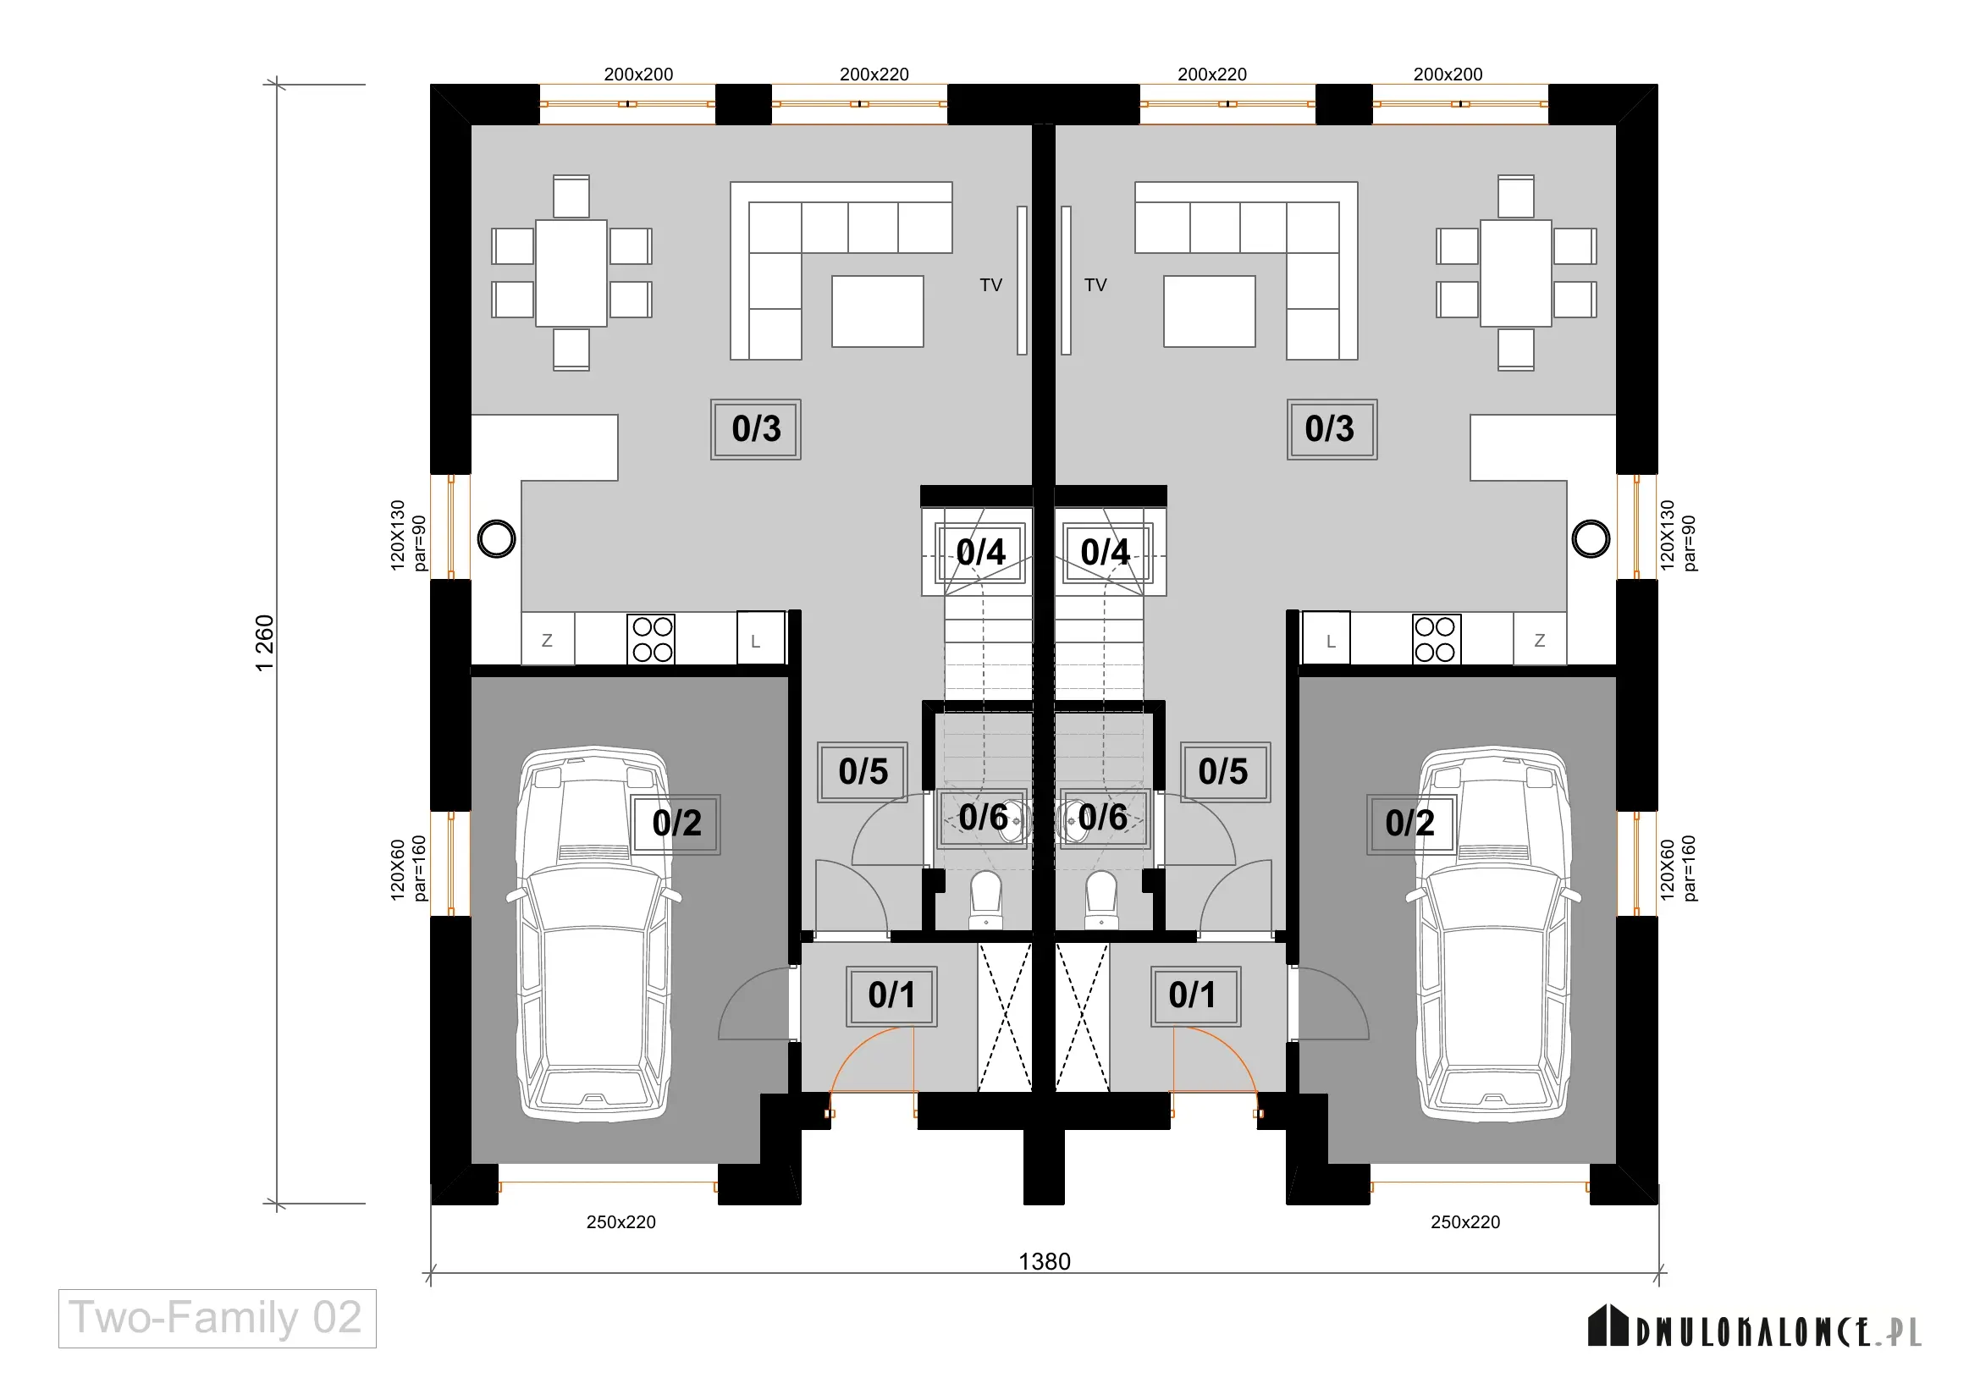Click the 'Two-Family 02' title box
click(x=218, y=1318)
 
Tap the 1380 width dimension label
click(x=1045, y=1261)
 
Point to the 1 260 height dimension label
click(x=265, y=643)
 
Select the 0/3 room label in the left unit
click(x=756, y=429)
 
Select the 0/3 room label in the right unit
click(x=1332, y=429)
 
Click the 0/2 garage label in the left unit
click(x=677, y=824)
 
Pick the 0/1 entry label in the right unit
click(x=1195, y=995)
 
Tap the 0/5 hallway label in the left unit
click(x=863, y=772)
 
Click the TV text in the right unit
click(x=1095, y=285)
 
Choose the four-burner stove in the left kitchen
click(x=652, y=639)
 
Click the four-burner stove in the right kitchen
click(x=1436, y=639)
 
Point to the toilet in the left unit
click(x=985, y=899)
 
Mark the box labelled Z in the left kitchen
click(x=548, y=639)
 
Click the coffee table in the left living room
click(x=877, y=311)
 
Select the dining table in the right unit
click(x=1516, y=273)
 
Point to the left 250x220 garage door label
click(x=620, y=1221)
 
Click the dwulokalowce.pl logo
click(x=1754, y=1326)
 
